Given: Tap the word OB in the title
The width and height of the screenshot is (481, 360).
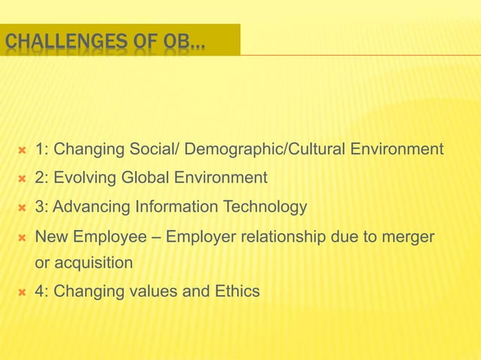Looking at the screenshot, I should point(178,41).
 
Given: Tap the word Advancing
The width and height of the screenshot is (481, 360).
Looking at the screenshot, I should point(92,207).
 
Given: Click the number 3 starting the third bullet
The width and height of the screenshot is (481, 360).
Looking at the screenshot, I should point(39,207).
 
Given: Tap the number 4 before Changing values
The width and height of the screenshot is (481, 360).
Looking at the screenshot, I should point(39,291).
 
